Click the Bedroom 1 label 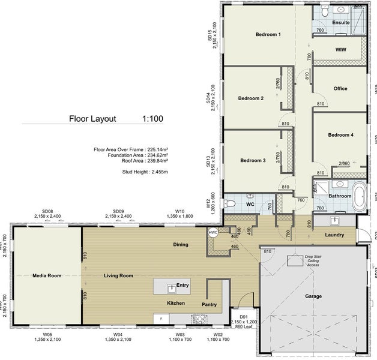(268, 35)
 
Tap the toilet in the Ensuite (324, 11)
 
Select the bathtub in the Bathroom (360, 194)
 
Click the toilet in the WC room (229, 204)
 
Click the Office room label (340, 89)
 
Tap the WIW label (340, 49)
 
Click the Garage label (313, 296)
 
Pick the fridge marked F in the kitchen (161, 319)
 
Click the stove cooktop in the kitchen (197, 319)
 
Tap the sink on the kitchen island (170, 286)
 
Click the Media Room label (47, 275)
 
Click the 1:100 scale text (153, 118)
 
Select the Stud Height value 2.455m (158, 172)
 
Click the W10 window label (179, 211)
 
